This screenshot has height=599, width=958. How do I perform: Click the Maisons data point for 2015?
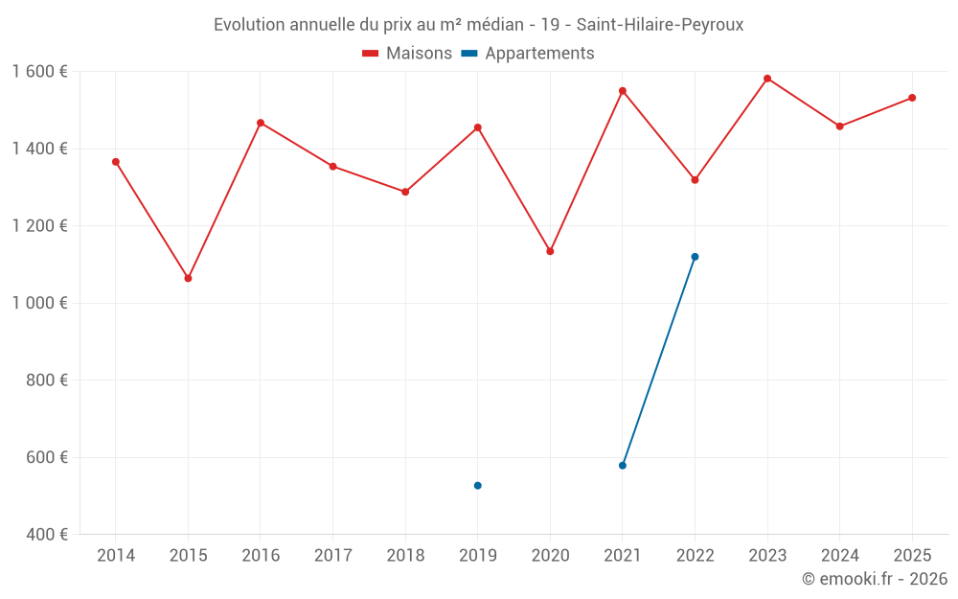tap(188, 278)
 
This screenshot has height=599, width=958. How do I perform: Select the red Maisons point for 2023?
tap(767, 79)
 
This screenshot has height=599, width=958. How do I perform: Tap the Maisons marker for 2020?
tap(550, 251)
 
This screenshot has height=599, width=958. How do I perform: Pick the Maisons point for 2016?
tap(261, 123)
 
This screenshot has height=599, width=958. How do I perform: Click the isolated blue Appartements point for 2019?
tap(477, 486)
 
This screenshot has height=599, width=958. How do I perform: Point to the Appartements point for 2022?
tap(695, 257)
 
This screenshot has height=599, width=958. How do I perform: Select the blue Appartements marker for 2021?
tap(623, 466)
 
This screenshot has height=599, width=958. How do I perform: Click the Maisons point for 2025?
tap(912, 98)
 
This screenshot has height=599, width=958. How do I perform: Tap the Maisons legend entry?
tap(407, 54)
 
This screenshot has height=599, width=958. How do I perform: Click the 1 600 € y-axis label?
tap(39, 72)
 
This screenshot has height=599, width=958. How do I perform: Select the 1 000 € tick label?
tap(39, 303)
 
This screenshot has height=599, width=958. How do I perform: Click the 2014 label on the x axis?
tap(116, 556)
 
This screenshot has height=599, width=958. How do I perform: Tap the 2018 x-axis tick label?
tap(405, 556)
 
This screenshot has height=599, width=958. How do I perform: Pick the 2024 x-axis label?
tap(839, 556)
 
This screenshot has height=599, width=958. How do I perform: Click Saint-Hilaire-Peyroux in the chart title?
tap(660, 25)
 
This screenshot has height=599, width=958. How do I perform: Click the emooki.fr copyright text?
tap(874, 579)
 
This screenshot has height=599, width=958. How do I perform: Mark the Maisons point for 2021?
tap(623, 91)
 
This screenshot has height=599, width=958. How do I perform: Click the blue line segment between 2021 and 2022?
tap(659, 361)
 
